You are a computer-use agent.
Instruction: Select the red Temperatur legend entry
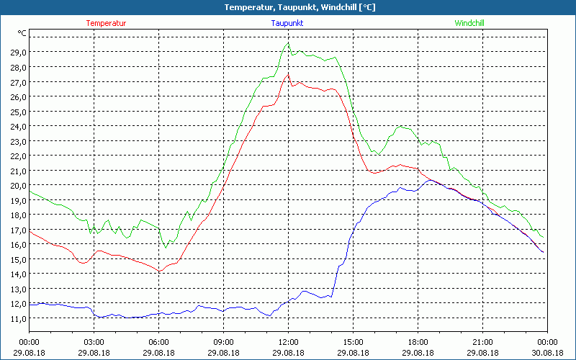106,23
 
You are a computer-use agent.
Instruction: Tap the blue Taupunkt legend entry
287,23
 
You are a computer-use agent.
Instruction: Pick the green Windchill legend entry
469,23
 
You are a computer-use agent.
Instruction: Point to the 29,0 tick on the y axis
18,53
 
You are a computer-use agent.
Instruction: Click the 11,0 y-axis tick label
18,319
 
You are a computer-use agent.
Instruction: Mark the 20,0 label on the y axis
18,186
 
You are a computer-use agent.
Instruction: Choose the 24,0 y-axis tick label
18,127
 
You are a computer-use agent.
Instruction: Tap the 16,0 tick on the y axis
18,245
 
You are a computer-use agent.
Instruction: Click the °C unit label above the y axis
22,33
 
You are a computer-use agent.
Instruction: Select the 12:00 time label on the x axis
288,342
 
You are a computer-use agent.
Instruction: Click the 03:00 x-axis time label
94,342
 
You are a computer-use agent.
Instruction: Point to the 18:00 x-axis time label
418,342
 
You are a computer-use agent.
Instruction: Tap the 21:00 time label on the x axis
482,342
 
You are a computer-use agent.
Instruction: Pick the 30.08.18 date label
547,352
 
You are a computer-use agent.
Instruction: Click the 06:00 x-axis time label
158,342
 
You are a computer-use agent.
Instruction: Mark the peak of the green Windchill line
288,43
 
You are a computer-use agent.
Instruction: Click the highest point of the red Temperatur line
288,74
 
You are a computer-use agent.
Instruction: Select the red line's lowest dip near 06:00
159,271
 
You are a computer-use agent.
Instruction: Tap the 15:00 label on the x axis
353,342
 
